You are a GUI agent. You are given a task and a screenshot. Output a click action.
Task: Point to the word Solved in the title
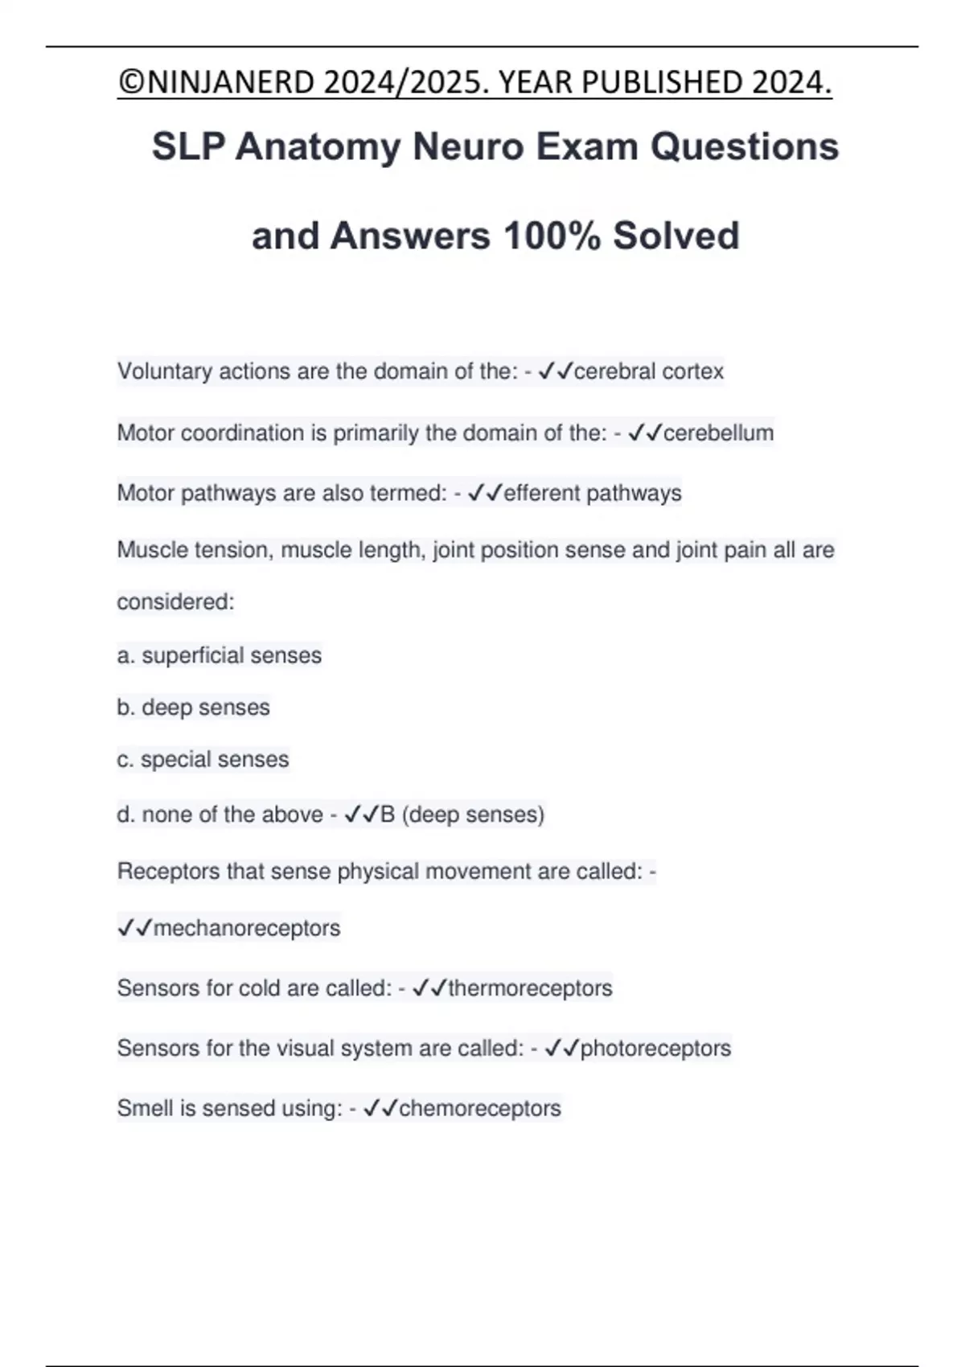(675, 236)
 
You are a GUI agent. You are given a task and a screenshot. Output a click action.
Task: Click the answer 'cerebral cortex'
(649, 372)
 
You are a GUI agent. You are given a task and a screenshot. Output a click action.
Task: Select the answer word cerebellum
(718, 433)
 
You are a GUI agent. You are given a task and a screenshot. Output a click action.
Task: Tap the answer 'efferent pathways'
(593, 493)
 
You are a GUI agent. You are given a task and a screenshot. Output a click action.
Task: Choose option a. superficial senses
(220, 655)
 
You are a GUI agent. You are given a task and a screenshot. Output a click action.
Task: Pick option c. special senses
(203, 759)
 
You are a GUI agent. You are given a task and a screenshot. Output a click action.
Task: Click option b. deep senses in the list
(194, 708)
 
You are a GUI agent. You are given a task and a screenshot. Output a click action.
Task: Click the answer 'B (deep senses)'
(462, 815)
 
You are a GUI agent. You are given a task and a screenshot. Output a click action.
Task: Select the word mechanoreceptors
(247, 928)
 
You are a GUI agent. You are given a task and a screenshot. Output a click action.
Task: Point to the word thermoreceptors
(530, 987)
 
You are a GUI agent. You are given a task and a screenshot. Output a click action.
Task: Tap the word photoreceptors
(655, 1048)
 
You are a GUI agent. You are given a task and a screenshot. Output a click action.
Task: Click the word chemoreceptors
(480, 1108)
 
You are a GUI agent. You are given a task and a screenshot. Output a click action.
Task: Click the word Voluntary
(165, 372)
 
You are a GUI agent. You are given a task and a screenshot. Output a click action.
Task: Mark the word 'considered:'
(175, 601)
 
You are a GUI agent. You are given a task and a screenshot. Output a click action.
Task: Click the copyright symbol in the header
(127, 82)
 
